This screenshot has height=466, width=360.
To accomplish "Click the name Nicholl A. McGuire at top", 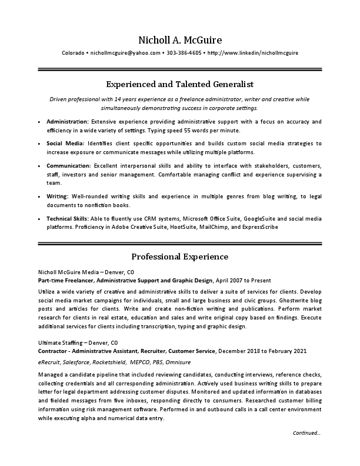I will (180, 40).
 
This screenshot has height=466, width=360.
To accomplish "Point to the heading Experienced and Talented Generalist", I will (180, 84).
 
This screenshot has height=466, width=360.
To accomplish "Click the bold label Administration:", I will (68, 121).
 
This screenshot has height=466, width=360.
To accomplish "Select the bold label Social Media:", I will (65, 143).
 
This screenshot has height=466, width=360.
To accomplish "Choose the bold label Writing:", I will (57, 195).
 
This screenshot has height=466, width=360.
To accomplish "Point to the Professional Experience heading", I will (180, 257).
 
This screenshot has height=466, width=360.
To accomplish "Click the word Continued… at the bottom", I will (306, 433).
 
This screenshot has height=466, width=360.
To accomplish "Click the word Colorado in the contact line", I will (73, 53).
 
